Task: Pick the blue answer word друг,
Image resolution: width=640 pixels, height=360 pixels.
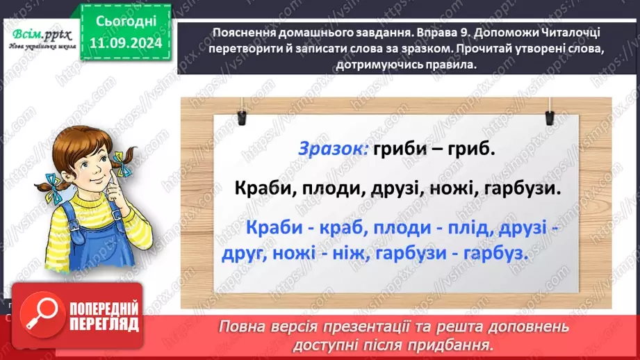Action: coord(244,254)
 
